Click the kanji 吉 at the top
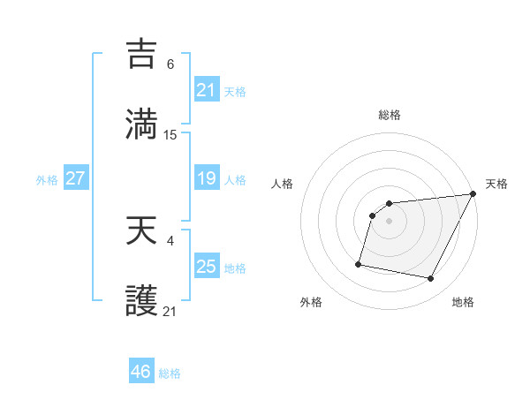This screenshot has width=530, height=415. click(x=141, y=54)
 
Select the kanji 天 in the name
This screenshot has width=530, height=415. click(x=141, y=231)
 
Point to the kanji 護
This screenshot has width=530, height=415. click(x=141, y=301)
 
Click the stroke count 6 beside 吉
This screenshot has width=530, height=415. click(x=170, y=64)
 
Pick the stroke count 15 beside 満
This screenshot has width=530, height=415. click(x=170, y=134)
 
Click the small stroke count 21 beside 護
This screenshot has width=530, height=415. click(x=170, y=312)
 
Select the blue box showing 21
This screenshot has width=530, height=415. click(x=206, y=89)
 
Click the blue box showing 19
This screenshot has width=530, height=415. click(x=206, y=178)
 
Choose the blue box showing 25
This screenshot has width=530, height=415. click(x=206, y=266)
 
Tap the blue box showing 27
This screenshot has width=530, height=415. click(x=75, y=178)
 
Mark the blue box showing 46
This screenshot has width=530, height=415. click(x=140, y=372)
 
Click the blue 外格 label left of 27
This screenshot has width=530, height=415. click(x=47, y=180)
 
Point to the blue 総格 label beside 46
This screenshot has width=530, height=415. click(x=170, y=373)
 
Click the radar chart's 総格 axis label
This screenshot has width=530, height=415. click(x=390, y=115)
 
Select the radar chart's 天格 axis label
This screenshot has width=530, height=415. click(x=497, y=184)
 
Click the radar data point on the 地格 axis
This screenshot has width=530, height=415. click(x=431, y=279)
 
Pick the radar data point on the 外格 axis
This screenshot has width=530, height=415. click(x=359, y=263)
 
